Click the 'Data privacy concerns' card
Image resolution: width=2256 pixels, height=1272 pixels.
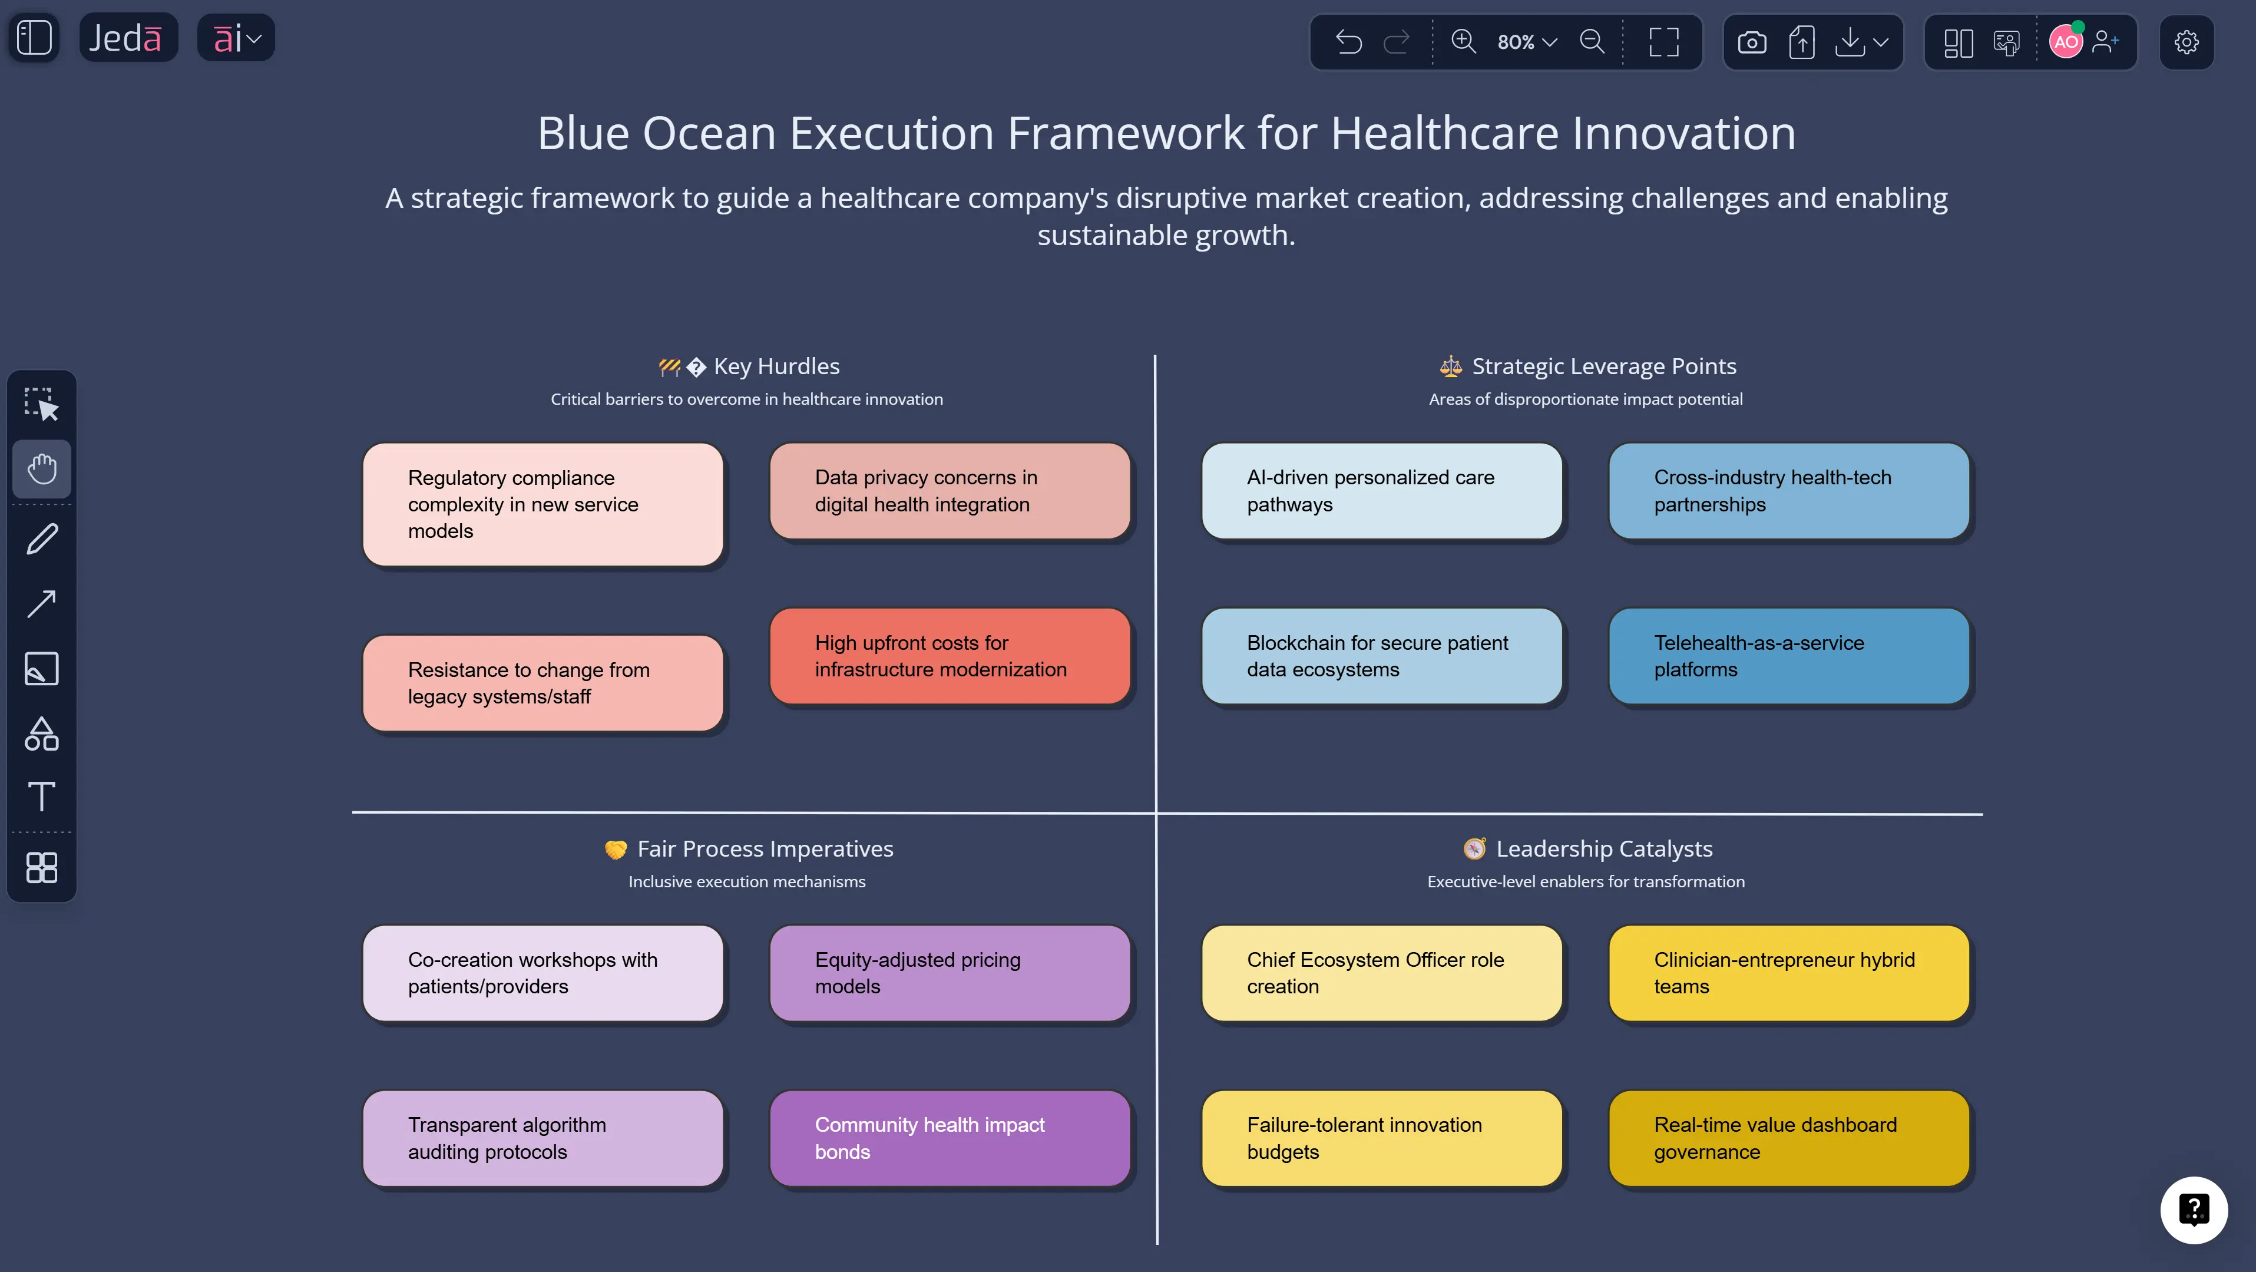(950, 491)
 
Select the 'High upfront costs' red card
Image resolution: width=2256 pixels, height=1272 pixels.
(950, 656)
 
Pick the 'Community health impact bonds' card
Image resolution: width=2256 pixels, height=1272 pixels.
(950, 1138)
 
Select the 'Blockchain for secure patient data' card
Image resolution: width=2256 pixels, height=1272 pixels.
(1381, 656)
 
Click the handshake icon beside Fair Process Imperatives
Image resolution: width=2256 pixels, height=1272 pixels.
(616, 850)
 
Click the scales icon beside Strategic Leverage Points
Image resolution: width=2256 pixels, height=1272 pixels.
(1450, 366)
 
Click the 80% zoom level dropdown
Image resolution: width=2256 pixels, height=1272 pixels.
(1526, 42)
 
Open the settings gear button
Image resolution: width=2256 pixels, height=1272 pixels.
(2186, 42)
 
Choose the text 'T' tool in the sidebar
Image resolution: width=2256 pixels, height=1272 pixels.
(42, 797)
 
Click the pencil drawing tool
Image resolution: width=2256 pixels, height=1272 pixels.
(42, 538)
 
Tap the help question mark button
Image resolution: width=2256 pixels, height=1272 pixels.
(2193, 1210)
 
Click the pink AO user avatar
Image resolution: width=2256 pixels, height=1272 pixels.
(2065, 42)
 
